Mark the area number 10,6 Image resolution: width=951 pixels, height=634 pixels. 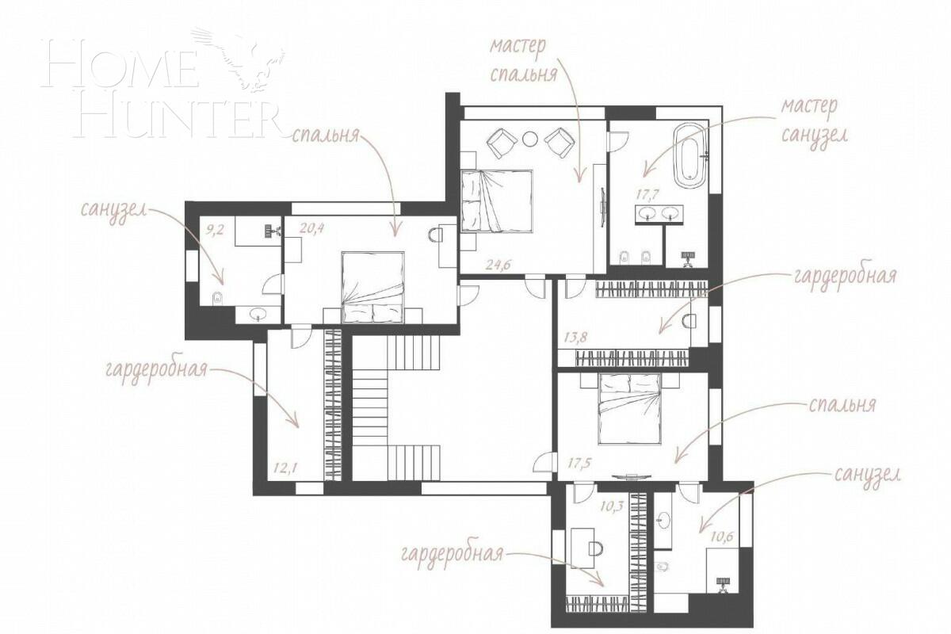pos(722,537)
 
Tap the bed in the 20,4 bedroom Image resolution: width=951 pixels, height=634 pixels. pos(372,287)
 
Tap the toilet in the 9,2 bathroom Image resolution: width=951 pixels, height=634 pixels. pos(217,297)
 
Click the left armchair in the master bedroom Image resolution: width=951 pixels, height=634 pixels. pos(501,143)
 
